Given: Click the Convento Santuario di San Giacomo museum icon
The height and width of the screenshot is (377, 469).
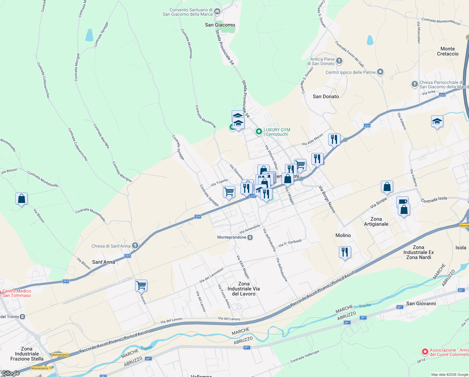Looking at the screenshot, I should pos(217,12).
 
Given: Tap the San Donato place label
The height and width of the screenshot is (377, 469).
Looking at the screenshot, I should pos(326,96).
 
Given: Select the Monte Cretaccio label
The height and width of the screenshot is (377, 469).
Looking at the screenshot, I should pos(447,51).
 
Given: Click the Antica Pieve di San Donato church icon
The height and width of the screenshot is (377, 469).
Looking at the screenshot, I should pos(339,61).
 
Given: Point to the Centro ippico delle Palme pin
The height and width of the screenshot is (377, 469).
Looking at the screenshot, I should pos(380,72).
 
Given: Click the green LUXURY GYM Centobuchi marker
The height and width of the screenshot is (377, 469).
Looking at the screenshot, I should pos(259,132).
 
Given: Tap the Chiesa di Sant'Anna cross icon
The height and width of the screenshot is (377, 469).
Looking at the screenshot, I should pos(135,246).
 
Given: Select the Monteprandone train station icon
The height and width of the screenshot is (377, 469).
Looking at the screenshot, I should pos(250,238).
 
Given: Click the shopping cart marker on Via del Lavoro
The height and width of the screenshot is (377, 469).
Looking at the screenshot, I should pos(141,286).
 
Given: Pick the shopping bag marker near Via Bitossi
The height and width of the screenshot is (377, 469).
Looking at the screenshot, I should pos(21,199).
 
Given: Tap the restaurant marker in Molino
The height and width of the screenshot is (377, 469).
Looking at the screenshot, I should pos(345,252).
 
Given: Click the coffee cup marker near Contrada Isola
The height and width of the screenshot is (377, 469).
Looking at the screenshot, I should pos(402,201).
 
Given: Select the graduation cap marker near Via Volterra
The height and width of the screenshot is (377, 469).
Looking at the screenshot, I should pos(437,121).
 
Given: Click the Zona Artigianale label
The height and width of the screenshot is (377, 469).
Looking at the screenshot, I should pos(376,221).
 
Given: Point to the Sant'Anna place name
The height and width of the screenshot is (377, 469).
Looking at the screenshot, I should pos(103,262).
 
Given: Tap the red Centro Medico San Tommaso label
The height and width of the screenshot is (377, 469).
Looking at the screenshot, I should pos(17,293).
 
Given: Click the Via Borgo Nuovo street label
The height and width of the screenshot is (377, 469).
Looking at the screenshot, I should pos(327,199).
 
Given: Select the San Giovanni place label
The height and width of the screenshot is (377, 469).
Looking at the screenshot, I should pos(421,303).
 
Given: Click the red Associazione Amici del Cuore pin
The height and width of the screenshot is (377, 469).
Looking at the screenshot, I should pos(425,352).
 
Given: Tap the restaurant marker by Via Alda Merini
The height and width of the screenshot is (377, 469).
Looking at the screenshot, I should pos(334,139).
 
